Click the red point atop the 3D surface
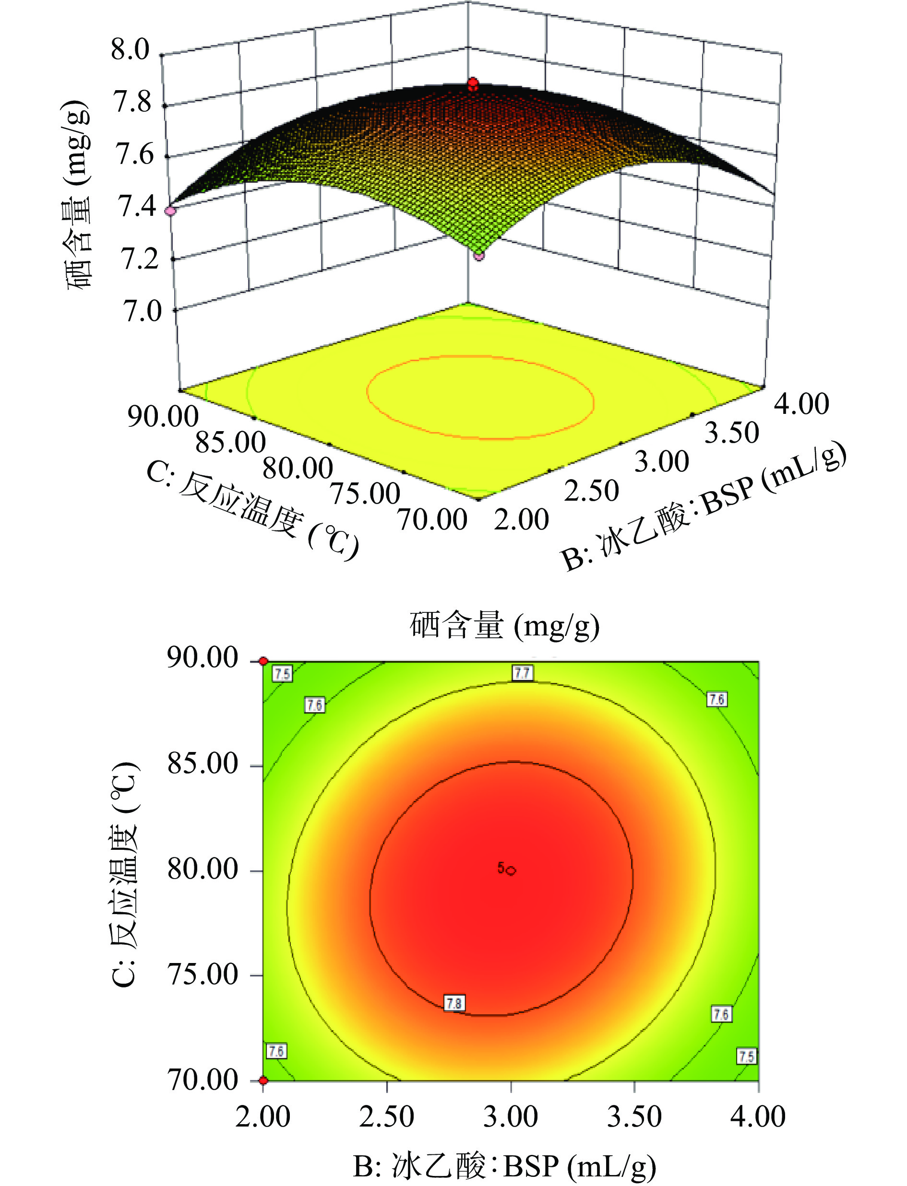(473, 83)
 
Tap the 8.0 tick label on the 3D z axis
(130, 50)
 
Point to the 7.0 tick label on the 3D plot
(142, 311)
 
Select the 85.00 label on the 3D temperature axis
(230, 443)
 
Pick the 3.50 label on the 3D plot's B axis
(731, 433)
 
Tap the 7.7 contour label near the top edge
(522, 672)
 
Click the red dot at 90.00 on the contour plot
(263, 661)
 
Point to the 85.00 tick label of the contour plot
(203, 764)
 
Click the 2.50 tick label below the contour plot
(387, 1117)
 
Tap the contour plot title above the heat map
(504, 626)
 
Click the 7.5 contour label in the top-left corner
(282, 673)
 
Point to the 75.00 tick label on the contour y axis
(203, 975)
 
